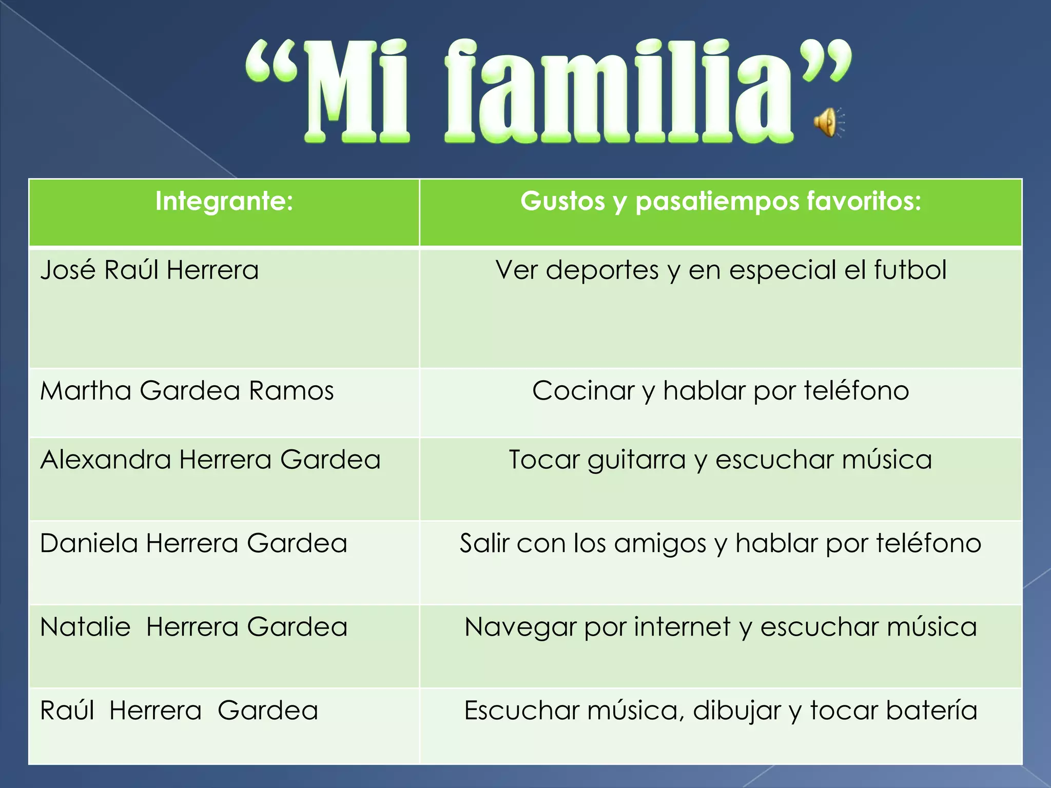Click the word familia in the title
(x=618, y=92)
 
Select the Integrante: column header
(x=224, y=201)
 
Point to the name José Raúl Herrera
(x=149, y=270)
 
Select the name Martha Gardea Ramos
(x=187, y=390)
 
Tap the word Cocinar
(x=583, y=390)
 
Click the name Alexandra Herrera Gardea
(x=210, y=459)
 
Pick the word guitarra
(x=636, y=460)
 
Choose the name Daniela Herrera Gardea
(x=193, y=543)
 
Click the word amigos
(x=660, y=544)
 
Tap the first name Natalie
(x=85, y=627)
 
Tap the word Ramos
(x=291, y=390)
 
